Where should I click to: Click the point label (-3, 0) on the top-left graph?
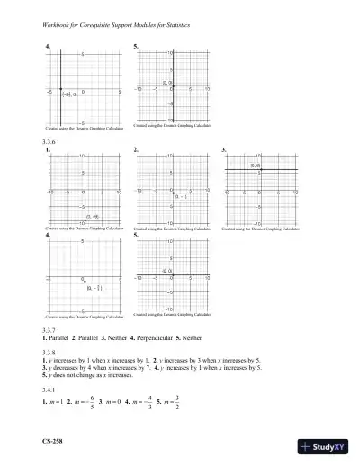pos(69,93)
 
